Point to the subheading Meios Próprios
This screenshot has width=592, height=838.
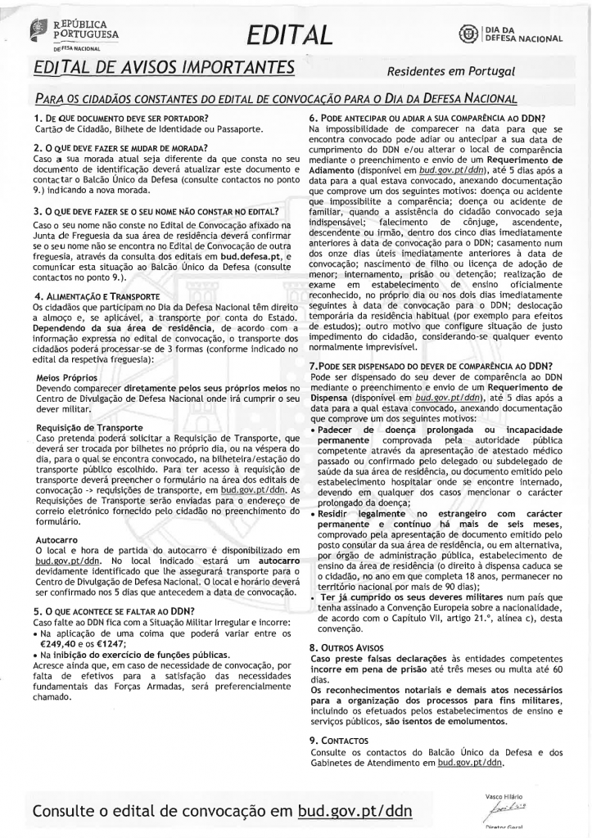pyautogui.click(x=69, y=378)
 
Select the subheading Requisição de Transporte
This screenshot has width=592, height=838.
pyautogui.click(x=89, y=428)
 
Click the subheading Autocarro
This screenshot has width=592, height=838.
pyautogui.click(x=58, y=540)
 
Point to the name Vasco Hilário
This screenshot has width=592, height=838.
pyautogui.click(x=504, y=795)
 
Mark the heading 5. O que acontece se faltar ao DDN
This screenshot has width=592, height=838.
pyautogui.click(x=114, y=610)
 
